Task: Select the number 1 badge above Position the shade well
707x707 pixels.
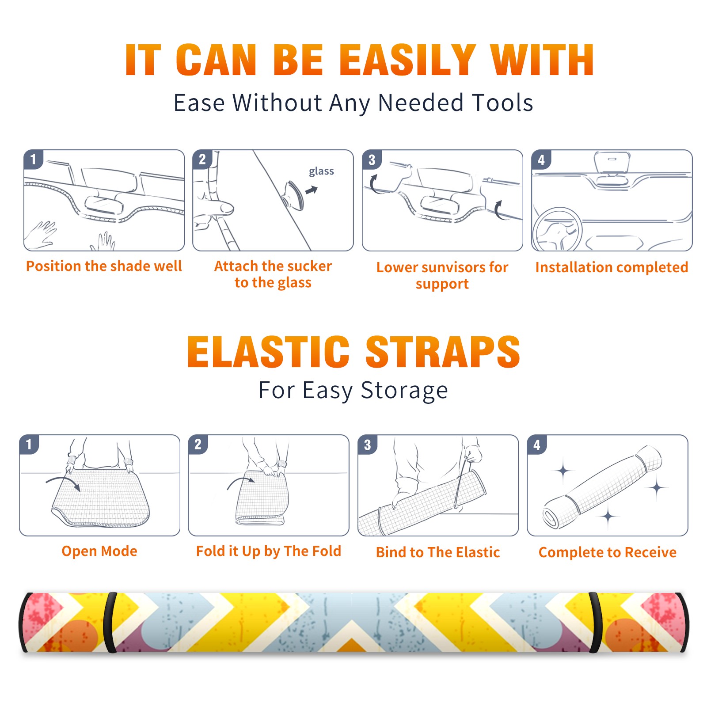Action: (x=34, y=159)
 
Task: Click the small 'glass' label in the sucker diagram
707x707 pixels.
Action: (x=321, y=171)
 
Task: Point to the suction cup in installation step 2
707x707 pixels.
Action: (x=293, y=195)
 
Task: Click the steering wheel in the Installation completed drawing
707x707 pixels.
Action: (x=557, y=229)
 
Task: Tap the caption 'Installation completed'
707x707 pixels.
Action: (x=612, y=267)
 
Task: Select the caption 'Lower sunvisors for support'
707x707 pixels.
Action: (x=442, y=275)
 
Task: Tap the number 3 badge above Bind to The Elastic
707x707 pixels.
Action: (x=368, y=445)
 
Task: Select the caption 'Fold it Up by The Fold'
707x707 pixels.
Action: (x=269, y=551)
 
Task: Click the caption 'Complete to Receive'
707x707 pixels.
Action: (x=608, y=552)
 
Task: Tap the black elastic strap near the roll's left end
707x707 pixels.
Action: (x=110, y=623)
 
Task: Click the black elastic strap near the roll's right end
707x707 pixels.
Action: (x=595, y=623)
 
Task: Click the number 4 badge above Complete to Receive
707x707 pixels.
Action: (x=537, y=445)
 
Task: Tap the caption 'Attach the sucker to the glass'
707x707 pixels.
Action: (x=273, y=274)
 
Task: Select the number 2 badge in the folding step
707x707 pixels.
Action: (x=198, y=445)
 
